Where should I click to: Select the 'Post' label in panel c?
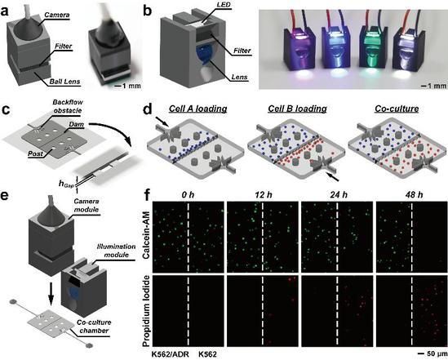[x=35, y=153]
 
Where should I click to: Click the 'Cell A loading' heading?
[x=198, y=109]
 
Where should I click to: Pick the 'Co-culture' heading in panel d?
[x=397, y=109]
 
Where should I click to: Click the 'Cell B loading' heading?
[x=297, y=109]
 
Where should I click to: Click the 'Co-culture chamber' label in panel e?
[x=94, y=327]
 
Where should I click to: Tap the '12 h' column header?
[x=263, y=195]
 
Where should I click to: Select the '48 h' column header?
[x=414, y=195]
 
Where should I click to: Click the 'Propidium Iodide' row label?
[x=146, y=311]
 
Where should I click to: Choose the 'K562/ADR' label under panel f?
[x=170, y=354]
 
